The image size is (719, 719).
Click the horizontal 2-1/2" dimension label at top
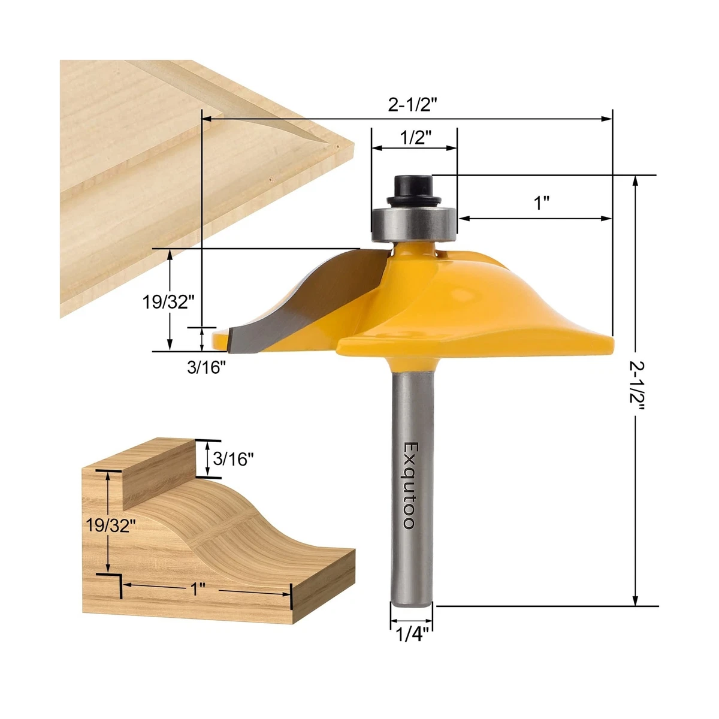tap(413, 105)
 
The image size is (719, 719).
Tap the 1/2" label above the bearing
tap(415, 138)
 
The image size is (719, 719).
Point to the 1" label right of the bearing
tap(542, 203)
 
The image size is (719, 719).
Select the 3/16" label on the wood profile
tap(234, 460)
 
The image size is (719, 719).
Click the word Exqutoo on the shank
tap(409, 486)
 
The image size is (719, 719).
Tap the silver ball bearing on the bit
tap(413, 222)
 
